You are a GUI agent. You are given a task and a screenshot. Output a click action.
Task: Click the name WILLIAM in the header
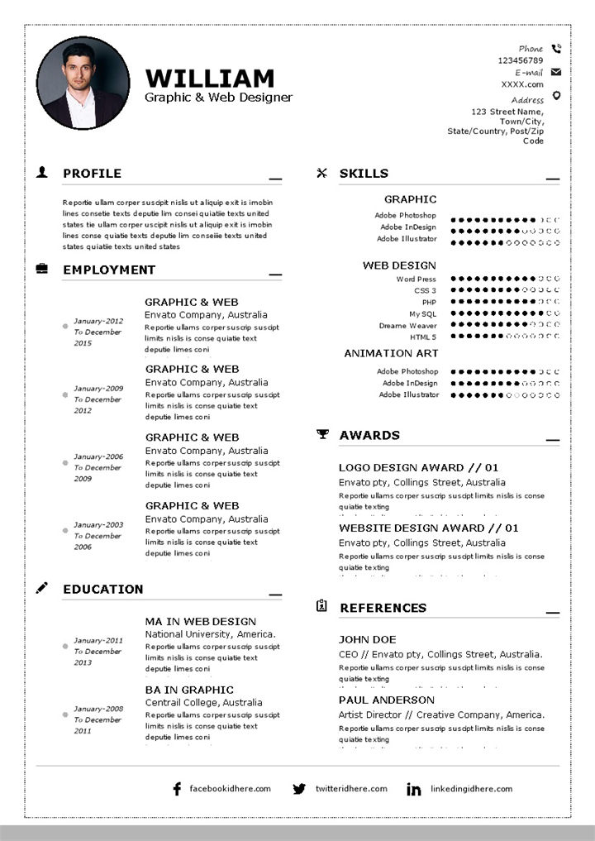pos(209,79)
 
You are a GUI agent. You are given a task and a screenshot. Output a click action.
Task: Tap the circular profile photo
pos(83,83)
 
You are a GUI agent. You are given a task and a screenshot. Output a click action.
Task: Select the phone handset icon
pos(556,49)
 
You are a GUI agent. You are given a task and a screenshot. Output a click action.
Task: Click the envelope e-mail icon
pos(556,72)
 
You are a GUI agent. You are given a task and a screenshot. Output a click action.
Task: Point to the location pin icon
pos(556,96)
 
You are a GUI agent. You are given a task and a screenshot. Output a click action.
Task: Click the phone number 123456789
pos(520,60)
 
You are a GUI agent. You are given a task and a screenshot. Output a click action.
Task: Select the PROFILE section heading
pos(92,174)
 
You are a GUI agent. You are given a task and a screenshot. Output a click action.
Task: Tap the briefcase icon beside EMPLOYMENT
pos(42,269)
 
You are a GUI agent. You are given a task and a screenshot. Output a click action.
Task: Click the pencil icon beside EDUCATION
pos(42,588)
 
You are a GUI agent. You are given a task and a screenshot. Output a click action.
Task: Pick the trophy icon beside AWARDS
pos(322,434)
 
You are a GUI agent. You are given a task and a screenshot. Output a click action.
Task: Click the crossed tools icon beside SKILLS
pos(322,173)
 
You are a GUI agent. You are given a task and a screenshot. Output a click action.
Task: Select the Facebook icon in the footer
pos(176,789)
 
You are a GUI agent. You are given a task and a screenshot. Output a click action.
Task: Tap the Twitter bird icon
pos(299,789)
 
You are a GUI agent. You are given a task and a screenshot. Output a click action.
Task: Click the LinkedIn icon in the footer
pos(413,790)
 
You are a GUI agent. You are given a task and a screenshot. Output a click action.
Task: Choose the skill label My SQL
pos(422,314)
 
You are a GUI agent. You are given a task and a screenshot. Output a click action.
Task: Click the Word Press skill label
pos(416,280)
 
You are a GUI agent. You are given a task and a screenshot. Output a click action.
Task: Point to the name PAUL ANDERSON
pos(387,700)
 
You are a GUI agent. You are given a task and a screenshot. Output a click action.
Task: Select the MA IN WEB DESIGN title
pos(201,621)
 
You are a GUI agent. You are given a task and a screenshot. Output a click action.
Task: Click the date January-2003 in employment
pos(98,524)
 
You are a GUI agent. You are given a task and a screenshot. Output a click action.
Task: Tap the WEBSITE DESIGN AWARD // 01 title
pos(429,528)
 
